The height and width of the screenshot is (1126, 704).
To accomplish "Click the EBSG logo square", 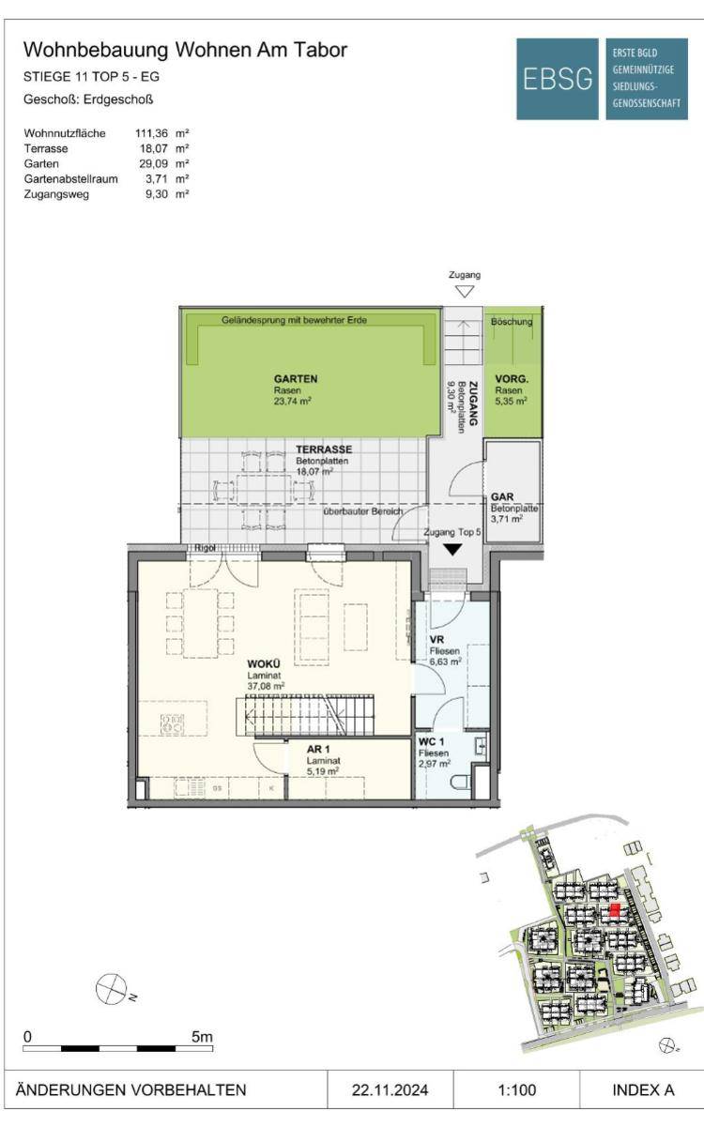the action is pyautogui.click(x=558, y=79).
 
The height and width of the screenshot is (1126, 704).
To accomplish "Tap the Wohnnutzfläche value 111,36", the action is pyautogui.click(x=151, y=133).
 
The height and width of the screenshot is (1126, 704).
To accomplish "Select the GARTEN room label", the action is pyautogui.click(x=296, y=379).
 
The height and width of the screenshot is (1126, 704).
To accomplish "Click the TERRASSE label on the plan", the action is pyautogui.click(x=324, y=449).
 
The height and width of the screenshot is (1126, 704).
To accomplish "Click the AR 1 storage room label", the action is pyautogui.click(x=318, y=750).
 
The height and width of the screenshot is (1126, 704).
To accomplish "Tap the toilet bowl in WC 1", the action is pyautogui.click(x=461, y=783).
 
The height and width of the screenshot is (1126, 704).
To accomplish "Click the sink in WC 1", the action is pyautogui.click(x=481, y=745).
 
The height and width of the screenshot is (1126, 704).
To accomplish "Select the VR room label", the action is pyautogui.click(x=436, y=640).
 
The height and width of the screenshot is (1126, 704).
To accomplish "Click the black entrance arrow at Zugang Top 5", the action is pyautogui.click(x=452, y=550).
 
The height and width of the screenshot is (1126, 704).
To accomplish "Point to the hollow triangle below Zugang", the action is pyautogui.click(x=464, y=291).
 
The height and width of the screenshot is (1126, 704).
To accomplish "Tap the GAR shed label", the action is pyautogui.click(x=502, y=497).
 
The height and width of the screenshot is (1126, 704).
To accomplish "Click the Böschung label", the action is pyautogui.click(x=512, y=321).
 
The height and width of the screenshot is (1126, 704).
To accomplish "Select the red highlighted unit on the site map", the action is pyautogui.click(x=614, y=910).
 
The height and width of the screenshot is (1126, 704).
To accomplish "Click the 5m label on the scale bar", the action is pyautogui.click(x=202, y=1037).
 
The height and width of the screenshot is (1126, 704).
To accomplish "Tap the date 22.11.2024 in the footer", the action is pyautogui.click(x=390, y=1090).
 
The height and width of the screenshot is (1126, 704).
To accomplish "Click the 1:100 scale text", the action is pyautogui.click(x=517, y=1090).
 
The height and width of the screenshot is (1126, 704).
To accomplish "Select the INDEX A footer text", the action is pyautogui.click(x=643, y=1090).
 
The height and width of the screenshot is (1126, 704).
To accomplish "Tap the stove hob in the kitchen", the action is pyautogui.click(x=172, y=724).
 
